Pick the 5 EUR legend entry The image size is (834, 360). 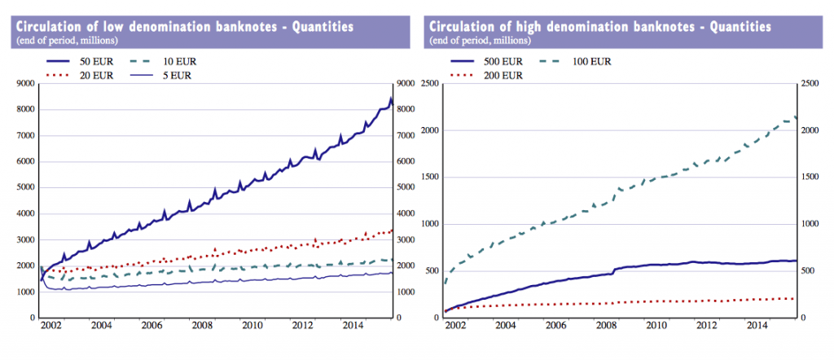[181, 76]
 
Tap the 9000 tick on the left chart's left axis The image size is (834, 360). [24, 84]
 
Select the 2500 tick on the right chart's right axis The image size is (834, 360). [810, 84]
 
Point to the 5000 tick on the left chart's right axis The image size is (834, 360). [406, 188]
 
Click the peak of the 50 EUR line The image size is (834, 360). [391, 99]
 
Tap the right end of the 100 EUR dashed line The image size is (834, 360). [795, 117]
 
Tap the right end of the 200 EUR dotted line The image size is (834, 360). [795, 298]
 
